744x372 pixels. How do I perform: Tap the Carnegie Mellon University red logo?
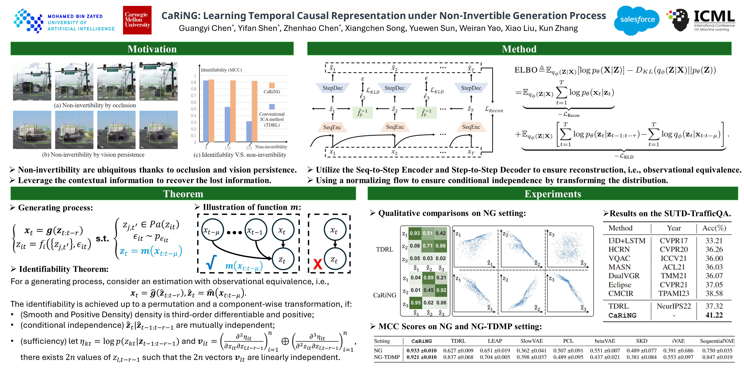tap(137, 20)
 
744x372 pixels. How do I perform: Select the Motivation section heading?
tap(152, 49)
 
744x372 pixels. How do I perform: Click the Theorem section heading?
tap(183, 194)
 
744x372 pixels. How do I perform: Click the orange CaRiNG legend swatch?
tap(272, 85)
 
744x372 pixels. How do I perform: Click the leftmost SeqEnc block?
tap(332, 127)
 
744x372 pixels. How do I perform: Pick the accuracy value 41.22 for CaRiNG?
tap(714, 315)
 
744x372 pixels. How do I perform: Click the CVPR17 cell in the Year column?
tap(673, 241)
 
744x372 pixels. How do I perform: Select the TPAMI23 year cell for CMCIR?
tap(673, 293)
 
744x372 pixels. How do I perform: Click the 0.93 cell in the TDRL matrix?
tap(415, 233)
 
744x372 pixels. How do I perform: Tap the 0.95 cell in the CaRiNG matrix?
tap(416, 303)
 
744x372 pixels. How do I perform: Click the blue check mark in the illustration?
tap(211, 262)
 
